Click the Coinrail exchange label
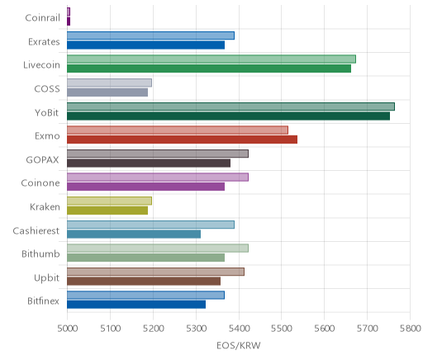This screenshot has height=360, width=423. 42,18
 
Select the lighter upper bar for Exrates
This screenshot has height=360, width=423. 150,36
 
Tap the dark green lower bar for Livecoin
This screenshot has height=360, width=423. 209,69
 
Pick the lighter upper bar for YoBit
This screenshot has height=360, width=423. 231,107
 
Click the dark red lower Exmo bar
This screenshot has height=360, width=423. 182,140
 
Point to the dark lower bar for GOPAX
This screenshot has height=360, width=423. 149,163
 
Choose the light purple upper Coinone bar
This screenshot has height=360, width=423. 158,178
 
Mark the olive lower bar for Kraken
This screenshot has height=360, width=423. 107,211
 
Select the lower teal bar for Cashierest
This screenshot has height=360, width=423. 134,234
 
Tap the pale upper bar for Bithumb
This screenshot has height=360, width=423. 158,248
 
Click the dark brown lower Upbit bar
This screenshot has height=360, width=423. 144,282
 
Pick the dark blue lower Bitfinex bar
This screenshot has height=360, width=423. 136,305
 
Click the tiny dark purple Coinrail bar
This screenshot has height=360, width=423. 69,21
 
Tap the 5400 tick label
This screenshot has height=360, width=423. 239,329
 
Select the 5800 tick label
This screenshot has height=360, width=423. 411,329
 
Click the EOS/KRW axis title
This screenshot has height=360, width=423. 239,345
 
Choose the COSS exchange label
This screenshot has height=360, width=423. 47,89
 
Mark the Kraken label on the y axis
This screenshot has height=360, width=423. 45,206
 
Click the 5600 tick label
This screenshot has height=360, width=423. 325,329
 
